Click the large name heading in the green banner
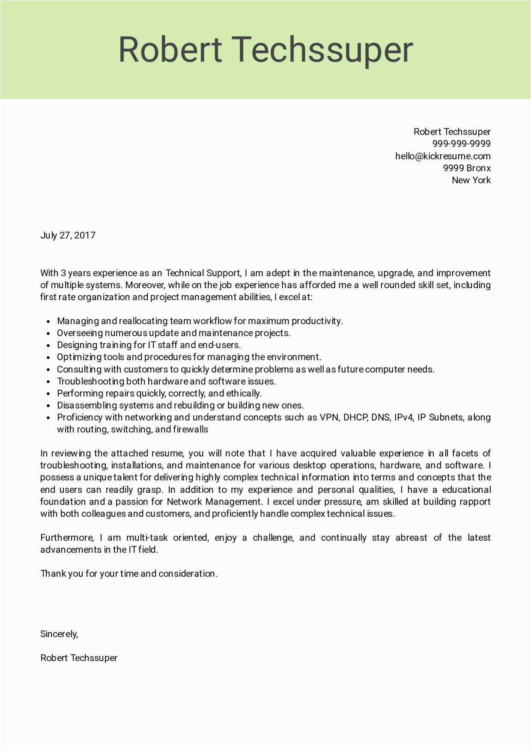[265, 50]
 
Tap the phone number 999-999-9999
[461, 144]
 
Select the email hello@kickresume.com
[443, 156]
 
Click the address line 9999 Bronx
[467, 168]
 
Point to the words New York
[471, 180]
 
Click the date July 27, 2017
[68, 235]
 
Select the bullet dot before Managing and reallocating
[48, 322]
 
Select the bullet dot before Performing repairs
[48, 394]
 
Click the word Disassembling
[87, 405]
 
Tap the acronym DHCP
[355, 417]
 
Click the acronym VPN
[328, 417]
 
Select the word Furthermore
[67, 538]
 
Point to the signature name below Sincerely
[79, 658]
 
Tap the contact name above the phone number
[452, 132]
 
